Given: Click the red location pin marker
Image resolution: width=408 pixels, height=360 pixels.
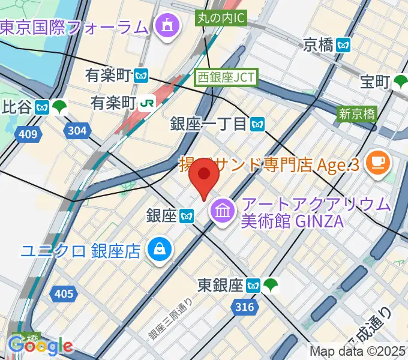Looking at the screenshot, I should [x=204, y=181].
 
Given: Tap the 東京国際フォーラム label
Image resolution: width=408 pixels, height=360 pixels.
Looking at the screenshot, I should [x=74, y=27].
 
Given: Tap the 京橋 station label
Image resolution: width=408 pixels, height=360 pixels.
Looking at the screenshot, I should [x=317, y=44].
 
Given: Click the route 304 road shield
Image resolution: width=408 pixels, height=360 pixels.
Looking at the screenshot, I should [x=77, y=130].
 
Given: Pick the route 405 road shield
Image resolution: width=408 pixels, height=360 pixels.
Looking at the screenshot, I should [x=63, y=294].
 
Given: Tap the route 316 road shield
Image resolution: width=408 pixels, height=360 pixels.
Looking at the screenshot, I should [x=244, y=307].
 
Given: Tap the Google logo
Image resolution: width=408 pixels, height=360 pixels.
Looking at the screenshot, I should [x=40, y=346].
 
